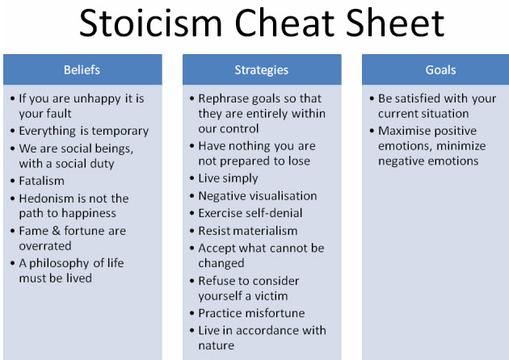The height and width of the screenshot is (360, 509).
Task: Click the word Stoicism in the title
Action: (x=150, y=23)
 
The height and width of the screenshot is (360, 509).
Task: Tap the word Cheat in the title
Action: (x=284, y=23)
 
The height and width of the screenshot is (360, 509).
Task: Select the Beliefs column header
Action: (x=82, y=69)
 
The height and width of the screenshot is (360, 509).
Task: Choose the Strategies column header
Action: (x=262, y=69)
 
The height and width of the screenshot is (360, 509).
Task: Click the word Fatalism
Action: (x=41, y=181)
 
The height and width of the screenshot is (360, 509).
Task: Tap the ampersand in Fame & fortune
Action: (x=57, y=231)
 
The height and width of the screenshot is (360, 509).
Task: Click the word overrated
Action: (x=45, y=246)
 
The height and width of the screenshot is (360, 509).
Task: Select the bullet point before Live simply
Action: (x=191, y=178)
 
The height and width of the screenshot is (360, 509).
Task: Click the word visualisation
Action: (x=283, y=196)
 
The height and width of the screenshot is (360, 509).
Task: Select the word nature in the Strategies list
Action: (x=217, y=345)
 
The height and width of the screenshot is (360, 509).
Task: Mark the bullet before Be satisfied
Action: (x=372, y=98)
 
